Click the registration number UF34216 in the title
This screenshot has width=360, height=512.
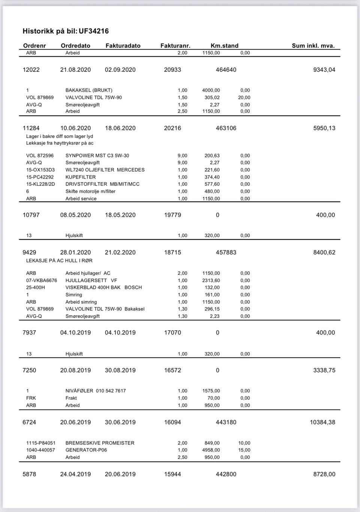pos(94,31)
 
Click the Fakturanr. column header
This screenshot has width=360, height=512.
pos(175,46)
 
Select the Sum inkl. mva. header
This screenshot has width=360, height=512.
pos(313,46)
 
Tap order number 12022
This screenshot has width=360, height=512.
pos(31,70)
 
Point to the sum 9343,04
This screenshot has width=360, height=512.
pos(324,70)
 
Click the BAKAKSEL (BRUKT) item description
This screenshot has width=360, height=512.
pos(89,90)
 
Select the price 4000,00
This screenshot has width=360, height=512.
pos(211,90)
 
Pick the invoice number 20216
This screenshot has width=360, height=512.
pos(172,128)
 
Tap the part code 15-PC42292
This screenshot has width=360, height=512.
pos(40,177)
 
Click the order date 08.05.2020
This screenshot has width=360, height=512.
pos(75,215)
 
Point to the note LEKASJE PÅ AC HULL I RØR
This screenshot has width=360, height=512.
pos(59,261)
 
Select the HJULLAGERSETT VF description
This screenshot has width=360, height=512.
pos(91,280)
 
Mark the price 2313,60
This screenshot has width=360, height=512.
pos(211,280)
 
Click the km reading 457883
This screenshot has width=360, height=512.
pos(226,253)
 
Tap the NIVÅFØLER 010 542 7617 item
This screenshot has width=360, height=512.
pos(96,391)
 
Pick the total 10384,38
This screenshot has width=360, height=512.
pos(322,422)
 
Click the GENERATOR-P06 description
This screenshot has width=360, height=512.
pos(86,450)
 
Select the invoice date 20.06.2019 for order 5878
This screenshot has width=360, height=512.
pos(120,474)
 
